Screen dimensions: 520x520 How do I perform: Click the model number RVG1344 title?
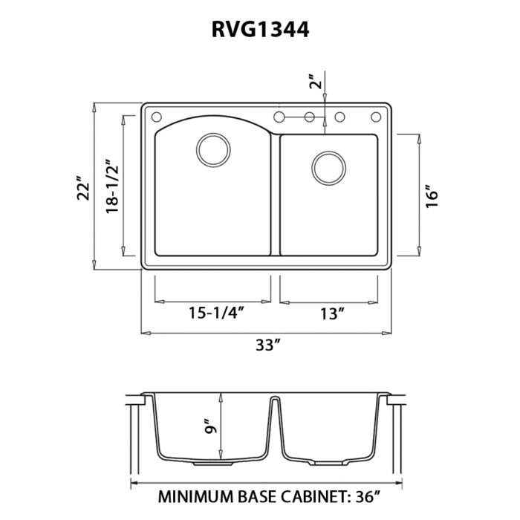click(260, 29)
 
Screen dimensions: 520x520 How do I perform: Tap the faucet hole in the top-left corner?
click(156, 117)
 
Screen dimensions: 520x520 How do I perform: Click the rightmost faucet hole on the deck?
click(376, 117)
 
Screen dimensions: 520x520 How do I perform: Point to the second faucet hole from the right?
click(342, 117)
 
